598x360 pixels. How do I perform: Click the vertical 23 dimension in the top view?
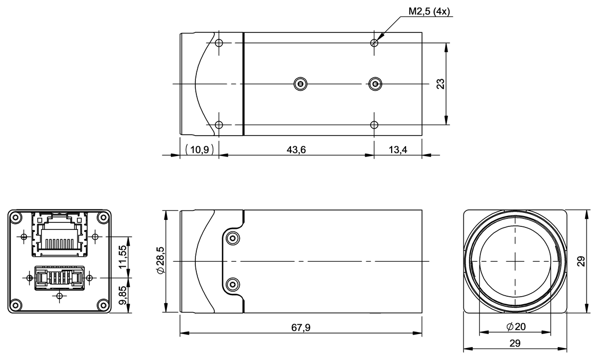(441, 83)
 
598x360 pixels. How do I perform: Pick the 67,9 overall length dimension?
(301, 327)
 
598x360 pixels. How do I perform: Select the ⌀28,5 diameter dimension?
(160, 261)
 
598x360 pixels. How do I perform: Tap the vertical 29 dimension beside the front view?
(581, 261)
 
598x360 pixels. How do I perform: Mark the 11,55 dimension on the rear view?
(123, 256)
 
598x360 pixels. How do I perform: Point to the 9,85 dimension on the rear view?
(123, 295)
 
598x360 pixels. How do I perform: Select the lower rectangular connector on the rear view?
(59, 277)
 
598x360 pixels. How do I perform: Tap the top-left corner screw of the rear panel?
(15, 217)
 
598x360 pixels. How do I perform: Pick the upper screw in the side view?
(232, 238)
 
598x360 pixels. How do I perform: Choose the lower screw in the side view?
(232, 285)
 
